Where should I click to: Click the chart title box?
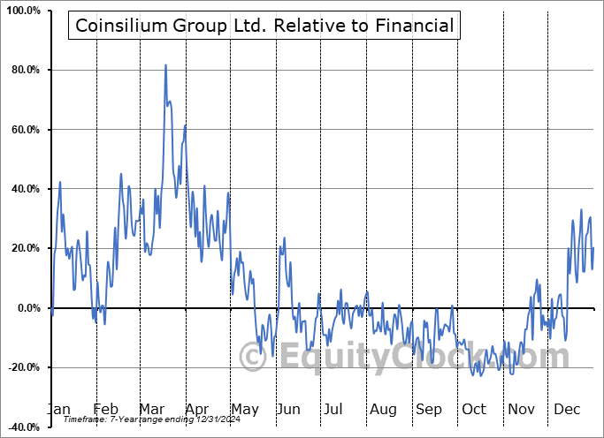tap(264, 26)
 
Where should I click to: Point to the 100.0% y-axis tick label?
tap(22, 11)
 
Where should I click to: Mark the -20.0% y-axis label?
tap(22, 367)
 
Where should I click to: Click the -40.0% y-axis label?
tap(22, 427)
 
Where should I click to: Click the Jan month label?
tap(58, 409)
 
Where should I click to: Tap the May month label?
tap(245, 409)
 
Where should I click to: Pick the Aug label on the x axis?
tap(384, 409)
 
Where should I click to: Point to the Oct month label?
tap(474, 409)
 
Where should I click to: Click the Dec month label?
tap(566, 409)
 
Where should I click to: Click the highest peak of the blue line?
tap(165, 65)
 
